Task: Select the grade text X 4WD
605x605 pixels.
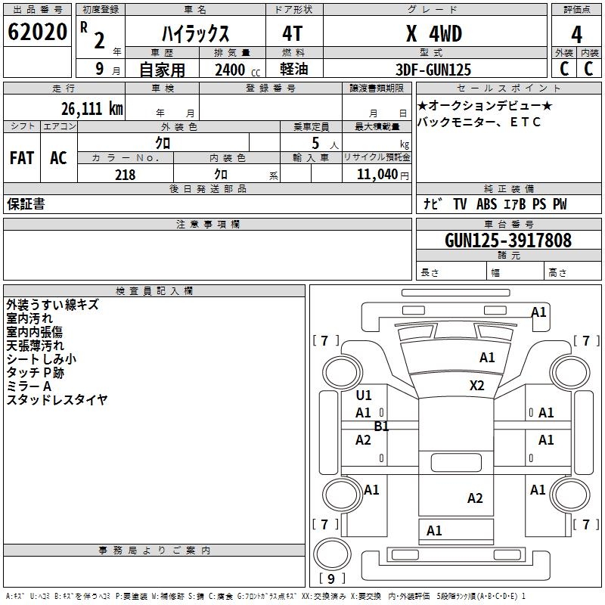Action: click(x=434, y=34)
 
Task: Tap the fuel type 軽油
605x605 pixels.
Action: click(x=293, y=70)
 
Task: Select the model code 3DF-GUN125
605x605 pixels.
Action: click(x=434, y=70)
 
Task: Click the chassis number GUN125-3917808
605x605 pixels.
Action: click(x=508, y=240)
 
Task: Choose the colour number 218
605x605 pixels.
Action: click(x=125, y=174)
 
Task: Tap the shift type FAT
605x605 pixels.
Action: click(x=21, y=158)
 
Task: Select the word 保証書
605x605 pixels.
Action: click(x=26, y=204)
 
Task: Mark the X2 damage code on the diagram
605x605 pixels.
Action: click(x=476, y=386)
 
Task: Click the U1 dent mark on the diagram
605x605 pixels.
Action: click(x=364, y=396)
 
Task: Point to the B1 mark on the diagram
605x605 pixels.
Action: click(x=382, y=427)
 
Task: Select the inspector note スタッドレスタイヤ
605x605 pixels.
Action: click(x=57, y=400)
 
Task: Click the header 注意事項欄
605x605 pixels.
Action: click(x=208, y=225)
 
